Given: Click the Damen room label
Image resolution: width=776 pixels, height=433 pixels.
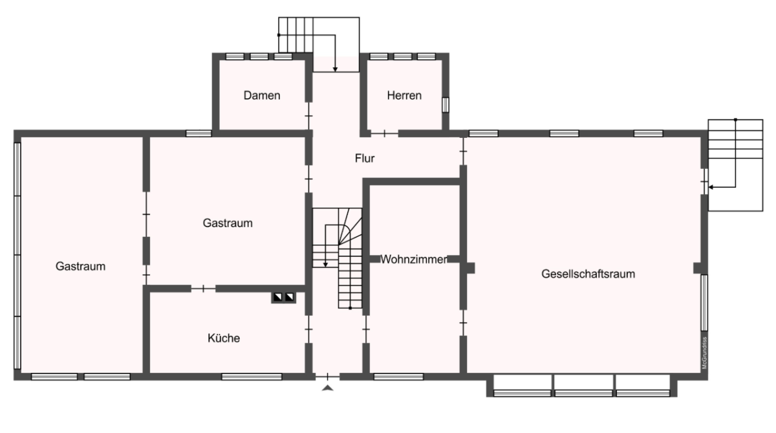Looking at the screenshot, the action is pyautogui.click(x=261, y=95).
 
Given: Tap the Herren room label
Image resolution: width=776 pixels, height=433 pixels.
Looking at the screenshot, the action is pyautogui.click(x=404, y=95).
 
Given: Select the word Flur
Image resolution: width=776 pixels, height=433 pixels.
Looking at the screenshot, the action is pyautogui.click(x=365, y=159).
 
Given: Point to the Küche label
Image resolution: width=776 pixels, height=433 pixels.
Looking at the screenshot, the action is pyautogui.click(x=224, y=338).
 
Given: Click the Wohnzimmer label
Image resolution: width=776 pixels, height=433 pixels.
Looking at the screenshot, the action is pyautogui.click(x=414, y=260).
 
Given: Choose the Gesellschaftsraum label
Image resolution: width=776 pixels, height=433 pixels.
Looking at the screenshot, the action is pyautogui.click(x=588, y=274).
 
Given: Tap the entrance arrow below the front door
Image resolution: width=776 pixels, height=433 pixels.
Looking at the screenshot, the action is pyautogui.click(x=327, y=388).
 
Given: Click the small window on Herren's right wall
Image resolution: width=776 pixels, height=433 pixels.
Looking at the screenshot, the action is pyautogui.click(x=446, y=105).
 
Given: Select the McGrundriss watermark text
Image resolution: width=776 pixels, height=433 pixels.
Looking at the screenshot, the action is pyautogui.click(x=704, y=353).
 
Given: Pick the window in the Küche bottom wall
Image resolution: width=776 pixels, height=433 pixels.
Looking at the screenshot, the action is pyautogui.click(x=252, y=377).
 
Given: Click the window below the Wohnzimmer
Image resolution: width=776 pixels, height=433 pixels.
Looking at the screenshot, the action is pyautogui.click(x=398, y=377).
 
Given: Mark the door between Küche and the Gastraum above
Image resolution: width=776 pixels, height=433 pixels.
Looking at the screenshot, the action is pyautogui.click(x=203, y=289).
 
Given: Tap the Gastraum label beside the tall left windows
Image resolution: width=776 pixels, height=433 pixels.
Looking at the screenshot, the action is pyautogui.click(x=80, y=266).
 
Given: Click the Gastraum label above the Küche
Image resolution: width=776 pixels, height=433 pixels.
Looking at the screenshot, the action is pyautogui.click(x=228, y=223).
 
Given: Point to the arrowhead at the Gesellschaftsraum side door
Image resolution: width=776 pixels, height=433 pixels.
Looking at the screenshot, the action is pyautogui.click(x=711, y=187).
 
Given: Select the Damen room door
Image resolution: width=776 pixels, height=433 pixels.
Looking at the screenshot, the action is pyautogui.click(x=308, y=116).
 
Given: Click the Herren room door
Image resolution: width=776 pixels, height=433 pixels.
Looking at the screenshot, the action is pyautogui.click(x=385, y=133).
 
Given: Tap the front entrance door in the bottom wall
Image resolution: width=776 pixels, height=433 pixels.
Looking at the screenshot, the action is pyautogui.click(x=327, y=377).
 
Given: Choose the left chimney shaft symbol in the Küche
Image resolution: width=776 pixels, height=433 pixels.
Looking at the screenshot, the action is pyautogui.click(x=278, y=297).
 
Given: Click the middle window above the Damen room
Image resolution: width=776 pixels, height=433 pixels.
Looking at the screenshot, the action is pyautogui.click(x=259, y=56).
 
